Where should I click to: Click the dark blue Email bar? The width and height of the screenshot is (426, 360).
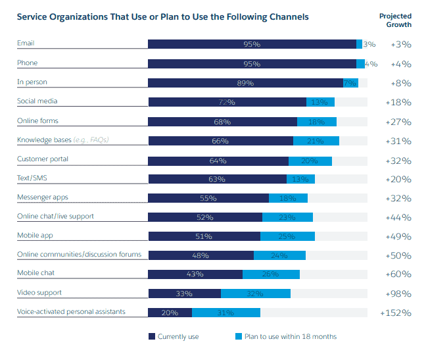pos(252,44)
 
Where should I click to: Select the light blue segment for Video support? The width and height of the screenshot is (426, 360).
pos(256,294)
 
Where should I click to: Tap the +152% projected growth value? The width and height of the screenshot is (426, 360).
pos(395,313)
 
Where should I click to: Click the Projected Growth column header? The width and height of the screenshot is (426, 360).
pos(395,20)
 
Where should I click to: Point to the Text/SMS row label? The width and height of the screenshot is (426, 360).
pos(32,178)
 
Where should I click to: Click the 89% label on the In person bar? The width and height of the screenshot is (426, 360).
pos(245,83)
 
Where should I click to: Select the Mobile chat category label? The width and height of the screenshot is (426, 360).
pos(37,272)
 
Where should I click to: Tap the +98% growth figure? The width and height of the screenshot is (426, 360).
pos(398,294)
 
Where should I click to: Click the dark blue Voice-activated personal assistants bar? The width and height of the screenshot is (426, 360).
pos(170,313)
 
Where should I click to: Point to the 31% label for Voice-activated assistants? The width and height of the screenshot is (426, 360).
pos(225,313)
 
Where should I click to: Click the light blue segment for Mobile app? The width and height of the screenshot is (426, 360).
pos(287,236)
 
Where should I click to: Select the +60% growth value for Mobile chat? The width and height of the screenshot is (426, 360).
pos(398,274)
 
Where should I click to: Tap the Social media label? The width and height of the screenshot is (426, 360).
pos(37,101)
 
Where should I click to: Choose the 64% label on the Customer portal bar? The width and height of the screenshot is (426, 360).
pos(218,161)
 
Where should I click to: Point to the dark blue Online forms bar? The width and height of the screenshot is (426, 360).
pos(222,122)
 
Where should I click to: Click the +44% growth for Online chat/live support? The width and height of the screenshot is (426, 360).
pos(398,217)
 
